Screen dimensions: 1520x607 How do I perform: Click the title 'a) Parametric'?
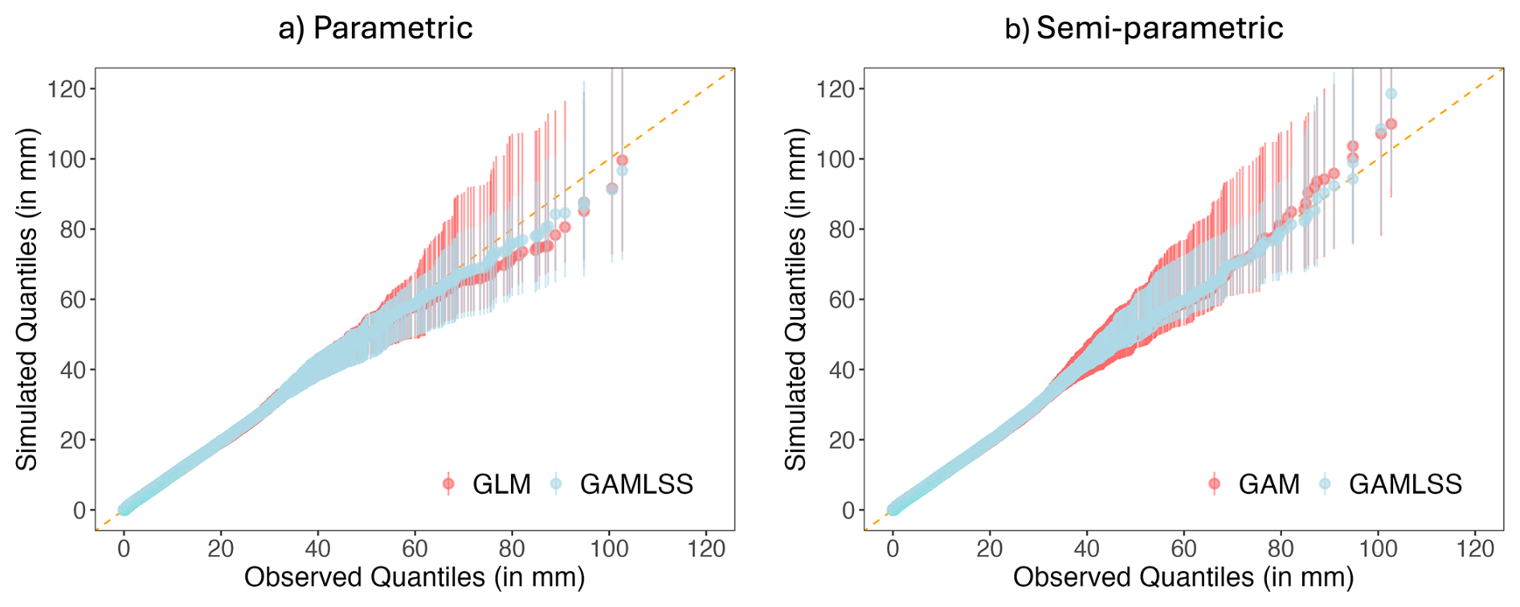coord(375,28)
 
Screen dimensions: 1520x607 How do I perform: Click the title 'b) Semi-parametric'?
coord(1144,28)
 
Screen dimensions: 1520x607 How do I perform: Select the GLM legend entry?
coord(487,484)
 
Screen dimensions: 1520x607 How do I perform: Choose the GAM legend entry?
coord(1255,484)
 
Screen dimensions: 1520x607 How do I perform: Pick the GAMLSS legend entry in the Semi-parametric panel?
coord(1390,484)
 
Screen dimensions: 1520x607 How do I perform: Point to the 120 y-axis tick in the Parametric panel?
coord(66,88)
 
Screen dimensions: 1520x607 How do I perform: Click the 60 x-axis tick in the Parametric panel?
coord(415,549)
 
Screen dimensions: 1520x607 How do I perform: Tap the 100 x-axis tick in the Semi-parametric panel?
coord(1378,549)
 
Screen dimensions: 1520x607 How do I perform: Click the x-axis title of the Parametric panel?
coord(415,577)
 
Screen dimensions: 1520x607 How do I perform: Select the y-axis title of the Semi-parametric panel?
coord(795,299)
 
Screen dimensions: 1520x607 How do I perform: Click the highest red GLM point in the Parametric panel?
coord(622,161)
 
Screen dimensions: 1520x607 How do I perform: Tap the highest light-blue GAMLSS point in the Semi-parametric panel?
coord(1391,94)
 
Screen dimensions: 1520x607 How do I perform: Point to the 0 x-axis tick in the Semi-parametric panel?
coord(893,549)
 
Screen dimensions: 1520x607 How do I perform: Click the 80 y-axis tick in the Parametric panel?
coord(74,229)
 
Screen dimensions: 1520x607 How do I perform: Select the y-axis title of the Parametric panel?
coord(27,299)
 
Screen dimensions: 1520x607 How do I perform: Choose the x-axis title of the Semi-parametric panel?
coord(1183,577)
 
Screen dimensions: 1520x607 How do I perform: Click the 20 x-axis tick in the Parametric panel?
coord(221,549)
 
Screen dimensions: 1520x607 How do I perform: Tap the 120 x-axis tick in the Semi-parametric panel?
coord(1475,549)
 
